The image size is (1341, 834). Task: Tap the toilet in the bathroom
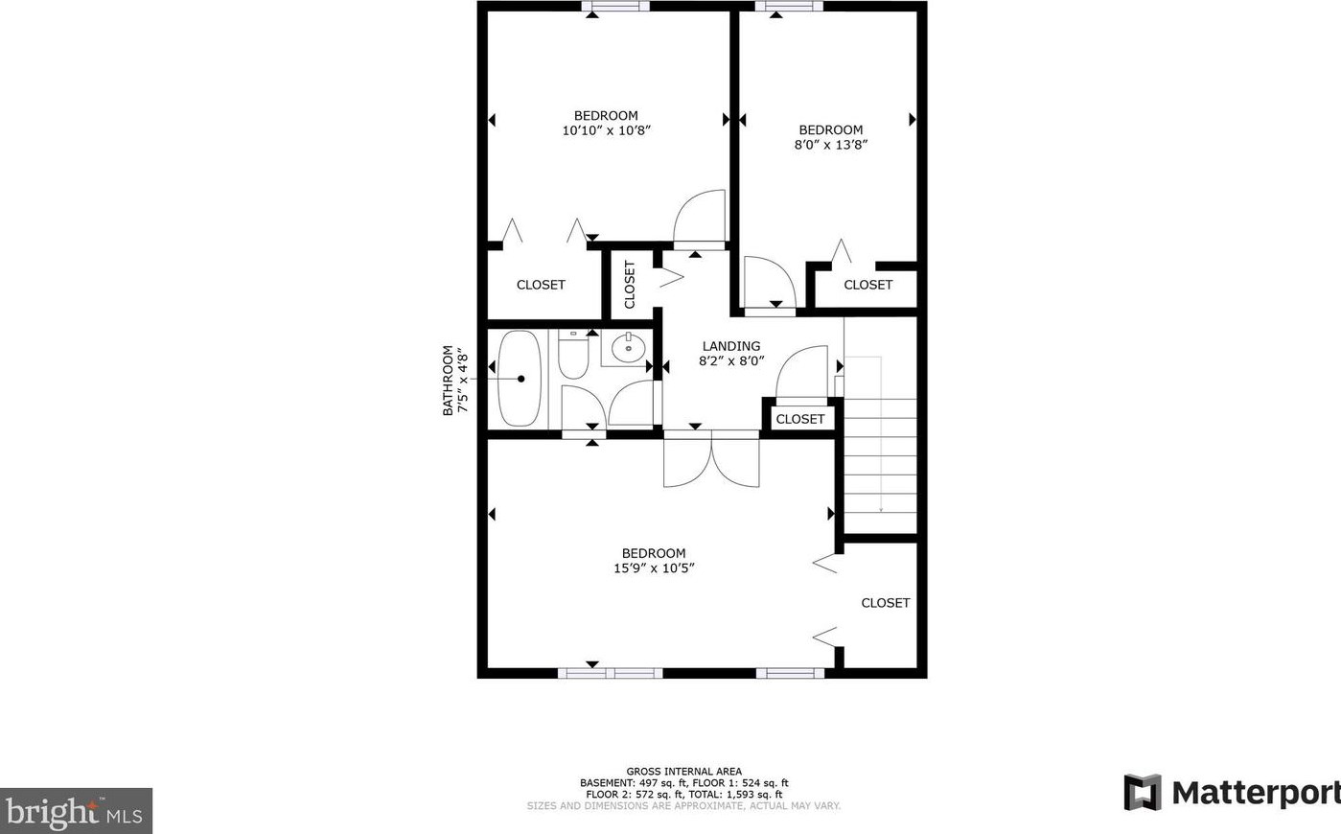click(x=574, y=357)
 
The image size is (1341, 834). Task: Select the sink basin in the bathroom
click(x=629, y=348)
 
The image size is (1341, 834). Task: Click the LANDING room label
click(x=731, y=346)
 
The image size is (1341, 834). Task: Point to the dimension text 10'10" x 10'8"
click(x=607, y=130)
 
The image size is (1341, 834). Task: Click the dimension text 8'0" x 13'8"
click(x=831, y=145)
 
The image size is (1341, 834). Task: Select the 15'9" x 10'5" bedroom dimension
click(x=654, y=568)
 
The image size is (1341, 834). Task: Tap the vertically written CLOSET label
click(x=630, y=285)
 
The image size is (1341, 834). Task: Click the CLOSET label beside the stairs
click(x=800, y=419)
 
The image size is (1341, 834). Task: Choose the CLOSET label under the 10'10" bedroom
click(x=541, y=285)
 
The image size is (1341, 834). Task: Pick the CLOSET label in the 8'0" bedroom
click(x=868, y=285)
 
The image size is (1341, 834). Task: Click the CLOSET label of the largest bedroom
click(x=886, y=603)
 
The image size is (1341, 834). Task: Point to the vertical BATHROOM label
click(x=448, y=380)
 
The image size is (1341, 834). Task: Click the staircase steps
click(x=880, y=465)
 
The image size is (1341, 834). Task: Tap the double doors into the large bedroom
click(x=711, y=460)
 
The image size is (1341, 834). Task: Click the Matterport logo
click(x=1232, y=793)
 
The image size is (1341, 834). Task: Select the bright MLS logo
click(x=76, y=812)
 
